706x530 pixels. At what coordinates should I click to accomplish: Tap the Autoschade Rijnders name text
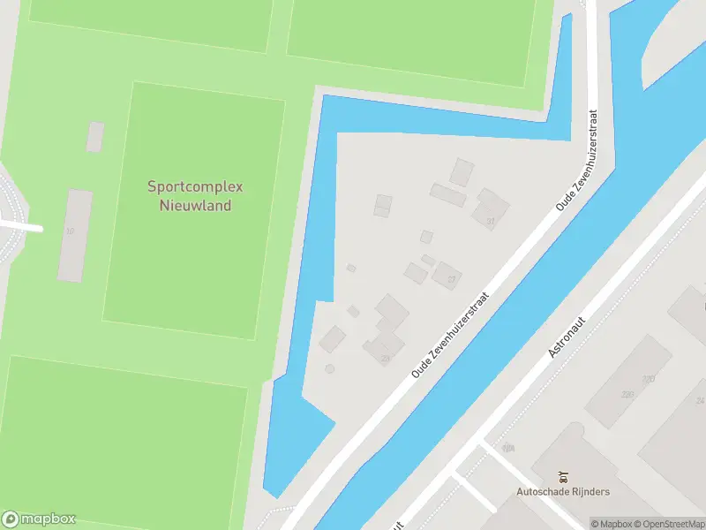point(563,491)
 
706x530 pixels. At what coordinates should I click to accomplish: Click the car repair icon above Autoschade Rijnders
point(563,477)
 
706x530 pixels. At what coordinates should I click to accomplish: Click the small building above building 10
point(94,137)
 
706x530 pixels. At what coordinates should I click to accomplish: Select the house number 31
point(490,222)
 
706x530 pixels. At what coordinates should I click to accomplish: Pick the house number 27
point(452,279)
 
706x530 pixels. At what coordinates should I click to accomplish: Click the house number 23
point(385,358)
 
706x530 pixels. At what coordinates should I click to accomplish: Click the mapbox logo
point(39,519)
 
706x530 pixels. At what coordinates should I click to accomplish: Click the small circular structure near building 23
point(330,368)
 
